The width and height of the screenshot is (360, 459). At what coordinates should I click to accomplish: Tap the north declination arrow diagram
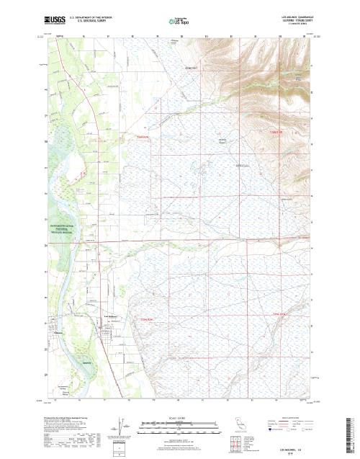click(115, 428)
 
